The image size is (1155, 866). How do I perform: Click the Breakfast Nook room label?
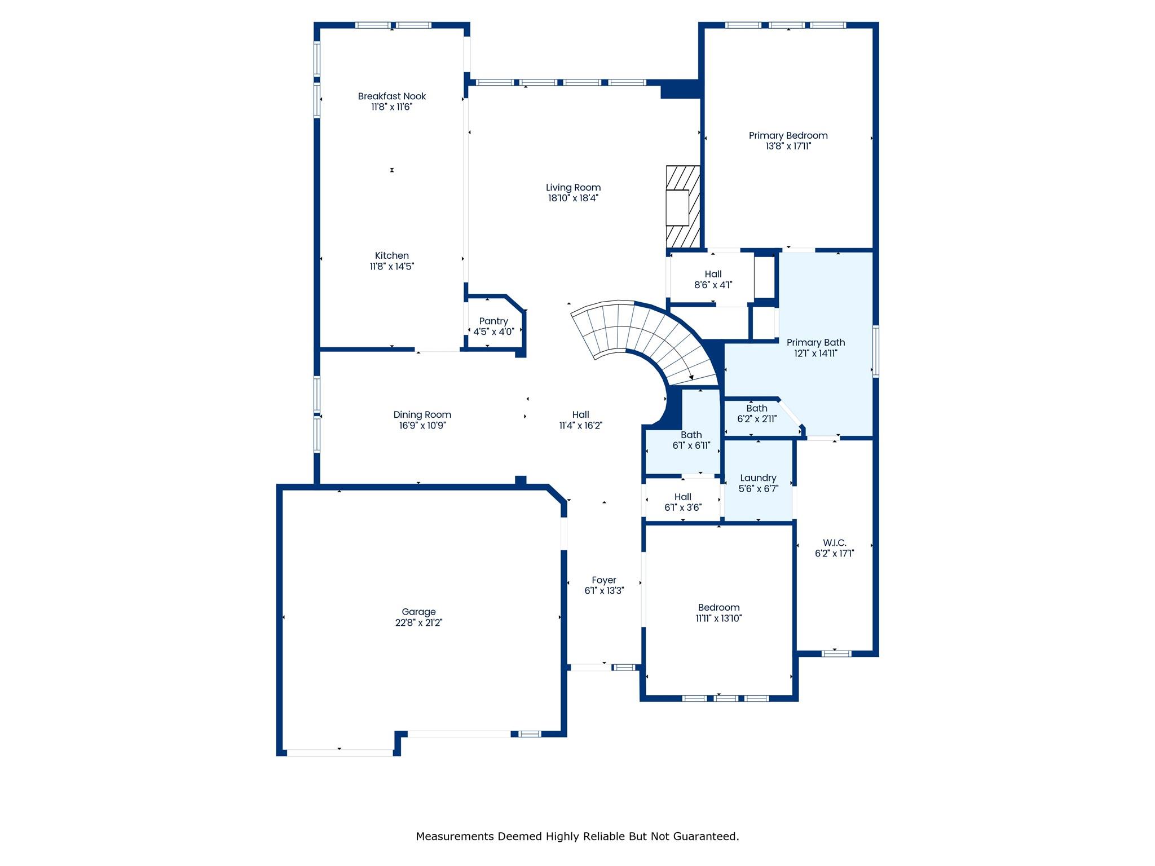(x=392, y=96)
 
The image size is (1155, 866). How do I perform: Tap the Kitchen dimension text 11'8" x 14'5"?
(x=392, y=267)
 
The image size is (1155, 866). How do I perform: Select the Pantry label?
(x=493, y=321)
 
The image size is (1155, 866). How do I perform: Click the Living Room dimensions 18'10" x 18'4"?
(x=573, y=198)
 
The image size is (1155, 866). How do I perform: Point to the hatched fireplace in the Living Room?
(x=683, y=207)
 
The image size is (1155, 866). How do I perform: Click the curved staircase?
(x=649, y=338)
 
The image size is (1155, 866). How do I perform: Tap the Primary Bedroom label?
(x=788, y=136)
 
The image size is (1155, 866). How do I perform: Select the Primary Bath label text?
(x=815, y=343)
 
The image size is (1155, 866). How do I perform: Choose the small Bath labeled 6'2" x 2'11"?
(x=757, y=414)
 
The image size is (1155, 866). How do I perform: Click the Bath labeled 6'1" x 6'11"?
(x=691, y=440)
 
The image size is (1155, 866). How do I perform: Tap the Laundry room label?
(x=758, y=478)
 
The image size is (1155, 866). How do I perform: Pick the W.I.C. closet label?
(x=834, y=543)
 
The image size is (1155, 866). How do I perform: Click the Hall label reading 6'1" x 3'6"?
(x=682, y=502)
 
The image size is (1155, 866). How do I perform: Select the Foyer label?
(x=603, y=580)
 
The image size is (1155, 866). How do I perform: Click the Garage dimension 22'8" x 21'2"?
(x=418, y=623)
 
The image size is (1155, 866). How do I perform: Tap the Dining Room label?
(x=422, y=415)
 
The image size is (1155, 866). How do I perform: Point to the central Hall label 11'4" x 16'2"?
(x=580, y=420)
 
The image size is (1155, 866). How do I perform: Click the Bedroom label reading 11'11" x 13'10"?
(x=718, y=613)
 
